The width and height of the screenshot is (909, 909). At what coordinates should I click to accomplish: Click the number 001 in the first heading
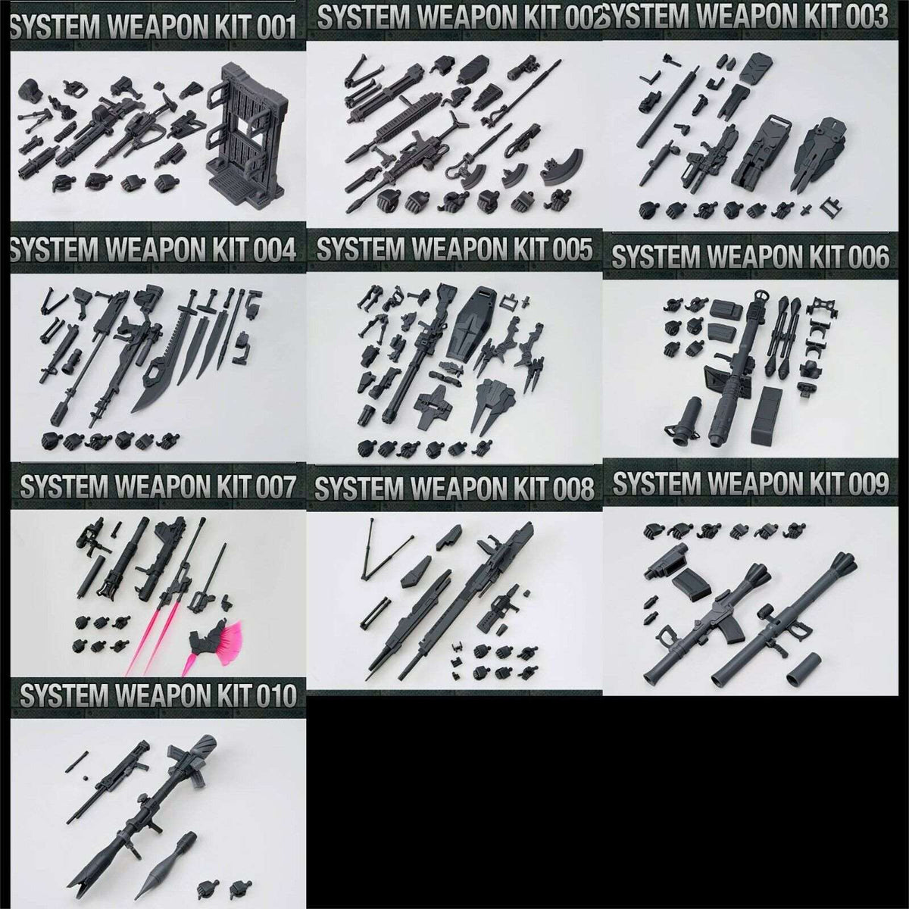(x=276, y=27)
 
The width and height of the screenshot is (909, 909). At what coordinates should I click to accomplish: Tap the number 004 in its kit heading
(x=276, y=250)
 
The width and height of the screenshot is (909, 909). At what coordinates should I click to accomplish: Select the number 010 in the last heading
(x=276, y=695)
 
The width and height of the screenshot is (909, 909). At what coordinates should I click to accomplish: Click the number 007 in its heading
(x=276, y=487)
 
